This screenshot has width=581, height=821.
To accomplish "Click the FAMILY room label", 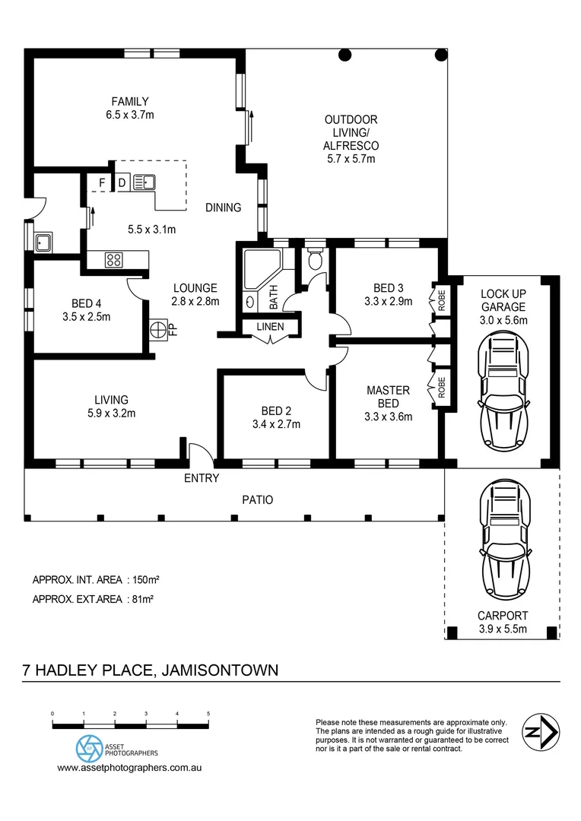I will point(130,101).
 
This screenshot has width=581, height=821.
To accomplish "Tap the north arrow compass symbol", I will point(541,733).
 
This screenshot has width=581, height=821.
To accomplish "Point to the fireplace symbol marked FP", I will point(157,331).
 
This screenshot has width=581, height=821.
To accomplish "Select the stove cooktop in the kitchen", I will point(114,260).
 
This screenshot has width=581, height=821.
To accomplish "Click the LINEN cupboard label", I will point(271,327).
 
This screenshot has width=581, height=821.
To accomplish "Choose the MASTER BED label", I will point(388,396).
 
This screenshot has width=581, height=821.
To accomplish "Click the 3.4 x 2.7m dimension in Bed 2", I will point(276,424).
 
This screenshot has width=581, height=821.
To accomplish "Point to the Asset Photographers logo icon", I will point(89,748).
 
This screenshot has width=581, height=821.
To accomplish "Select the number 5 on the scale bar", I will point(208,714).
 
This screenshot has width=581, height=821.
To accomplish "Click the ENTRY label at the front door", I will point(202,478).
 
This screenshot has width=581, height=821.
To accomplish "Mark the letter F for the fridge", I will point(102,182).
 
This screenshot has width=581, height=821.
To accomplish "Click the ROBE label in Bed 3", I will point(440,298).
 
